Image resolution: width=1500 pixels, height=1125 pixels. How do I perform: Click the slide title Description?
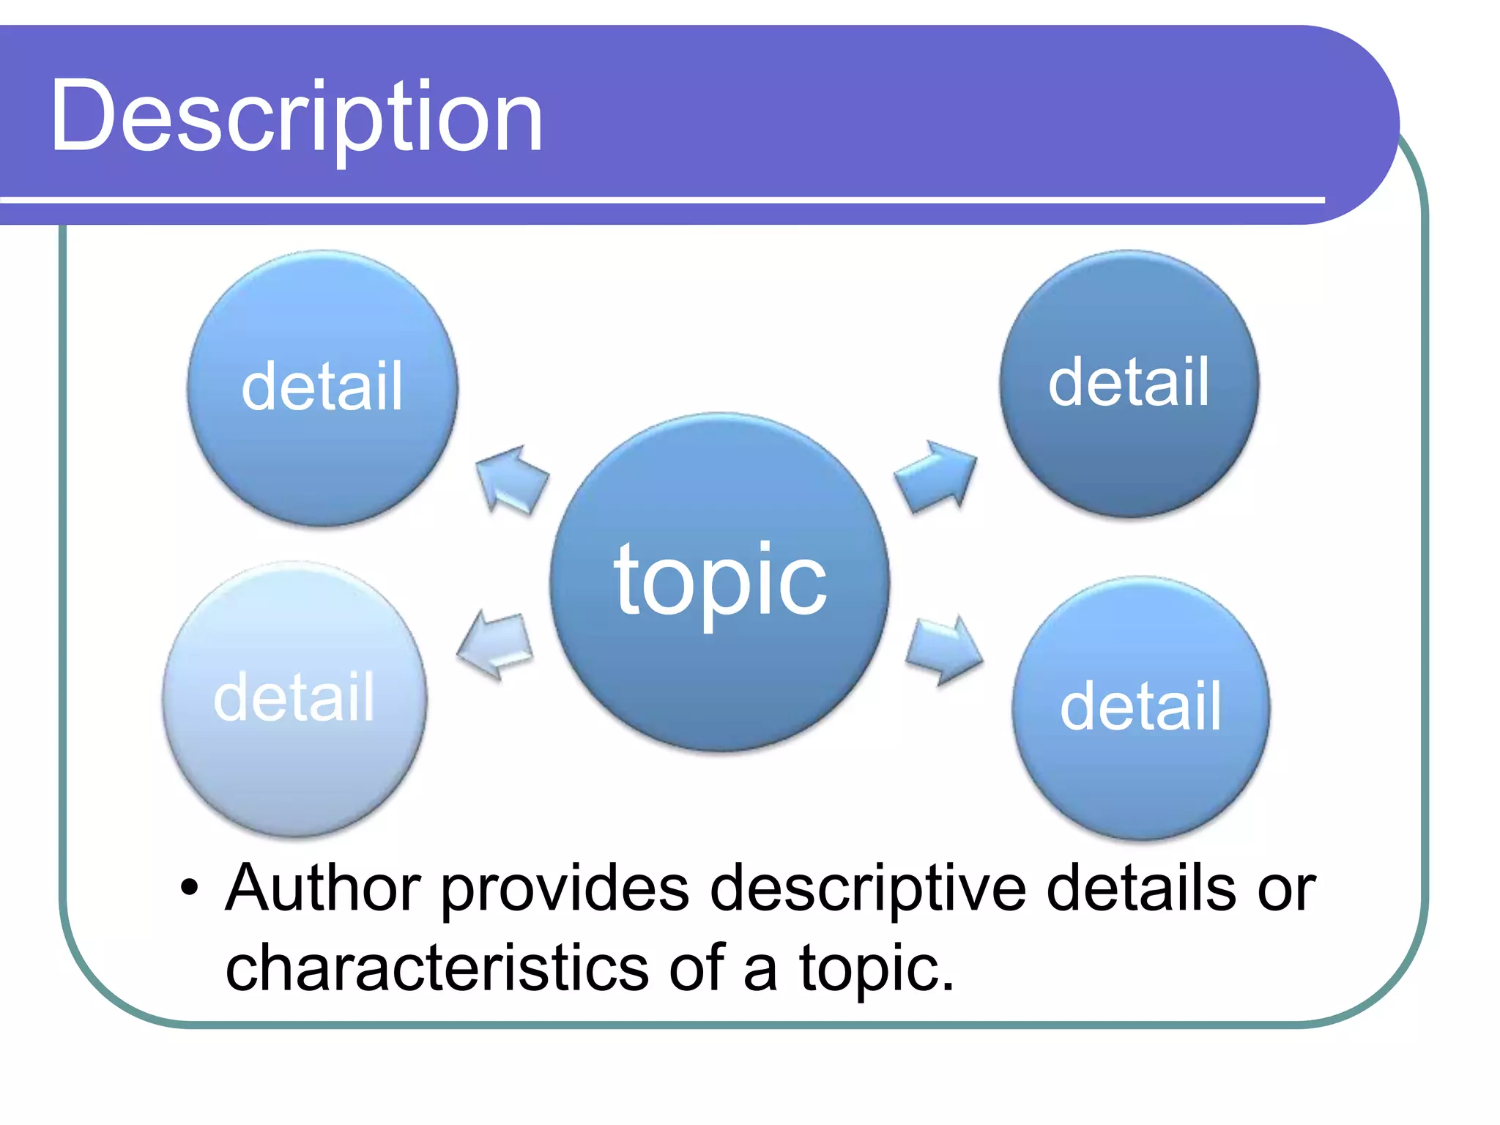(297, 117)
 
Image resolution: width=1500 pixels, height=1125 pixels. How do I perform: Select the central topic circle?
(720, 582)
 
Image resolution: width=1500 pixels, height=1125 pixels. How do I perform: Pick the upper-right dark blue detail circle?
(1129, 383)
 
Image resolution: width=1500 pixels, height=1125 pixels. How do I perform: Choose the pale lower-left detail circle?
(294, 699)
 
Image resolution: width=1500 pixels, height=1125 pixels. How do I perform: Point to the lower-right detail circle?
(1140, 708)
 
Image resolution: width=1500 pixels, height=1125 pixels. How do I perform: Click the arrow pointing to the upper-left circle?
(511, 480)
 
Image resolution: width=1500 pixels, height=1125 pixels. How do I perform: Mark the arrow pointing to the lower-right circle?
(943, 647)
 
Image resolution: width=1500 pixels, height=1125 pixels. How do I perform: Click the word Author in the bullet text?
(322, 888)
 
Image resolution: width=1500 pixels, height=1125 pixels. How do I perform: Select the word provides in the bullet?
(565, 888)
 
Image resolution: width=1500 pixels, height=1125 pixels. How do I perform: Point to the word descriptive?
(867, 888)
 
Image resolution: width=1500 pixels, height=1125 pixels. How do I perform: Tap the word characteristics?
(437, 968)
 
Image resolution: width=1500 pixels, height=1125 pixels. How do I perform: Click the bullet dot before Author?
(190, 888)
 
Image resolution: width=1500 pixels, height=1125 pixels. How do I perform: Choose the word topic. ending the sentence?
(876, 968)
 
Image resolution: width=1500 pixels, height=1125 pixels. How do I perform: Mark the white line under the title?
(659, 199)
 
